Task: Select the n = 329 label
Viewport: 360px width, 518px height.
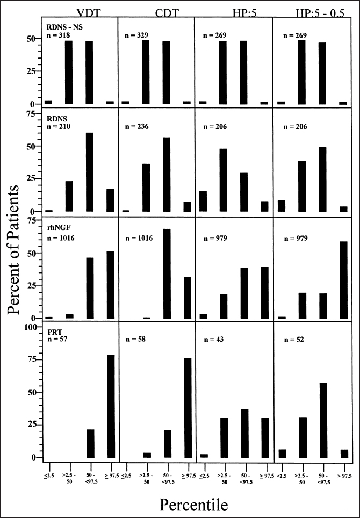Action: (x=136, y=35)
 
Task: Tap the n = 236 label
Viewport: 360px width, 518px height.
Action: (x=136, y=126)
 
